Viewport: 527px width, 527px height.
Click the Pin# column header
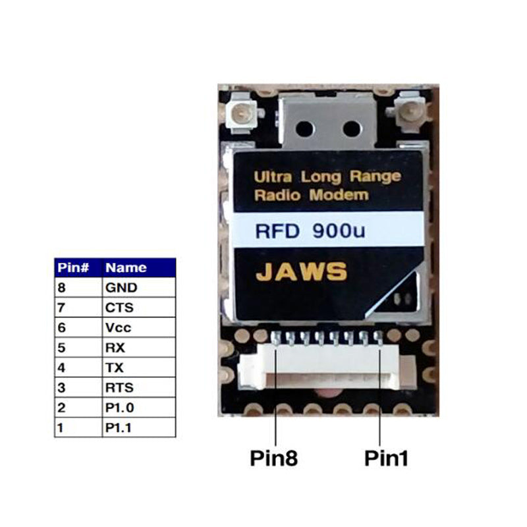[x=77, y=268]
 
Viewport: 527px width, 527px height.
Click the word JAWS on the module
[x=300, y=271]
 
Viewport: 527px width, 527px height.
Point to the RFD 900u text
[x=300, y=231]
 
